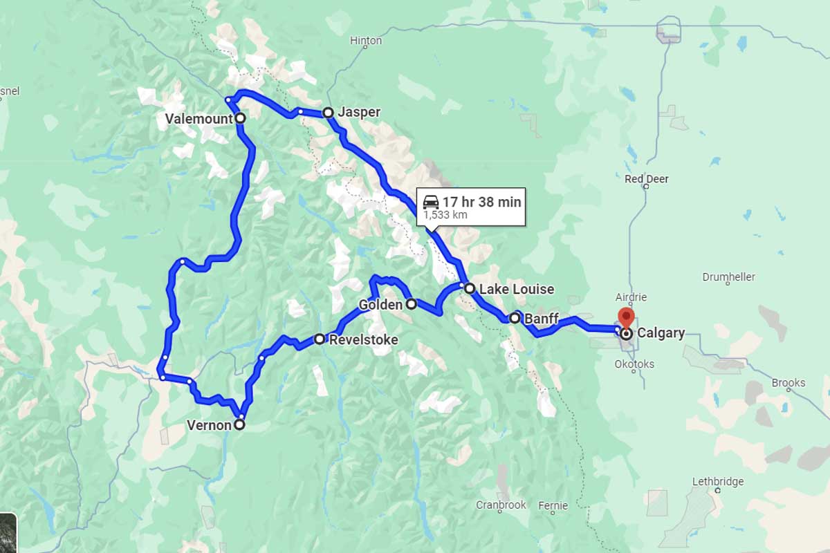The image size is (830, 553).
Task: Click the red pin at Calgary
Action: [x=626, y=317]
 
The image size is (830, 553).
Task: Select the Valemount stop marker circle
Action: [x=240, y=118]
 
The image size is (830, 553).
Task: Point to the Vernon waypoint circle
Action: [x=239, y=425]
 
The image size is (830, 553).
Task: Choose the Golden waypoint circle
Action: [x=411, y=303]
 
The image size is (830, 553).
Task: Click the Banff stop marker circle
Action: [x=515, y=318]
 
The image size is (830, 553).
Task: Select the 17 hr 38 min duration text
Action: [x=481, y=202]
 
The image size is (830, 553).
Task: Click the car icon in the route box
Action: [x=430, y=202]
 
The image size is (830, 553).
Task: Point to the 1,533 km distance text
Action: [x=445, y=215]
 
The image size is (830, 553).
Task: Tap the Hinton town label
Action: [x=366, y=41]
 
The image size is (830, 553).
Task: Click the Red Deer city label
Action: [x=647, y=179]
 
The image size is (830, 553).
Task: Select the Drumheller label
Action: [x=728, y=276]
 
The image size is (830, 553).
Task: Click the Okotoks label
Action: [x=634, y=364]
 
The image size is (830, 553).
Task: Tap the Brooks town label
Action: [x=789, y=382]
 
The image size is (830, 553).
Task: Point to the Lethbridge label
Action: [x=718, y=482]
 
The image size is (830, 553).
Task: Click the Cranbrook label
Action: [x=501, y=505]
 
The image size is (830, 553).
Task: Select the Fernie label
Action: [x=553, y=505]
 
